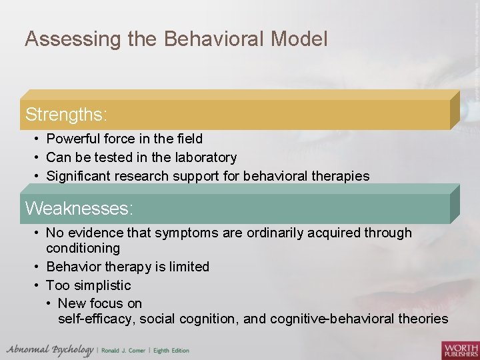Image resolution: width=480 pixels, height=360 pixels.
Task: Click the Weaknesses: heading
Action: tap(79, 208)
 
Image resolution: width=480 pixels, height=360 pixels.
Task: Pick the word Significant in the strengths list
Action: tap(78, 176)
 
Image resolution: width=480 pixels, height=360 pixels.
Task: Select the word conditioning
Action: tap(83, 248)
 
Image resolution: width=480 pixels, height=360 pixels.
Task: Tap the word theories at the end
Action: tap(423, 319)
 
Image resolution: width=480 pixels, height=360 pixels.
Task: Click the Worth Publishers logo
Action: tap(459, 349)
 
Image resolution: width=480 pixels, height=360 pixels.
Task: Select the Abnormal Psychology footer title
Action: tap(50, 350)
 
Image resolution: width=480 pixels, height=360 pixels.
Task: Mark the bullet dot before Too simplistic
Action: tap(37, 285)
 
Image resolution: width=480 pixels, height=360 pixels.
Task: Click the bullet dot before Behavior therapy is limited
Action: tap(37, 267)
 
